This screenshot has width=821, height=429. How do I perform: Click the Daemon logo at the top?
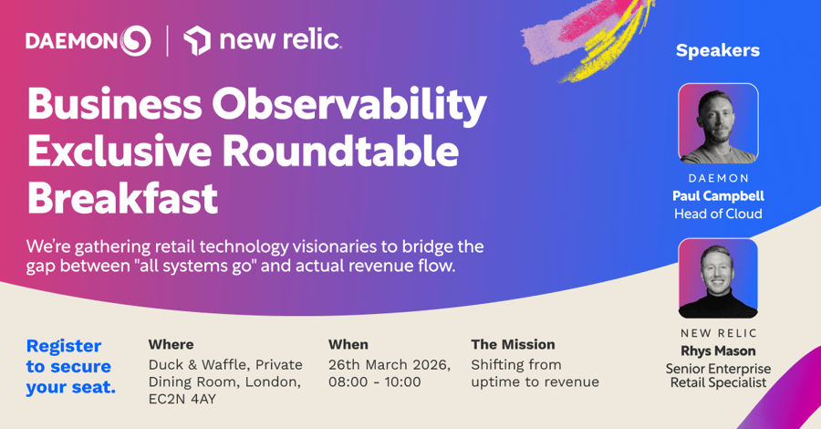(88, 40)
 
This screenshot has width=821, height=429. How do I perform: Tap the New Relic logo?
(263, 40)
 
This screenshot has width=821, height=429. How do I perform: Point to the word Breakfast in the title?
(122, 198)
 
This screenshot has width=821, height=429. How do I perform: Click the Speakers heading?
(717, 50)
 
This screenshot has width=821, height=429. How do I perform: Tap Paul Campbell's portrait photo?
(718, 123)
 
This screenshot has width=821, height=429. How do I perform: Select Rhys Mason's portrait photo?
(718, 278)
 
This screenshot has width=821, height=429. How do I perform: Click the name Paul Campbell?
(718, 196)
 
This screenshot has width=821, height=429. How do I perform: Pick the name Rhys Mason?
(718, 351)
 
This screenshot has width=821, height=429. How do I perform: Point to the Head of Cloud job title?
(718, 214)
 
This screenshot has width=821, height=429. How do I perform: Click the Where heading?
(171, 344)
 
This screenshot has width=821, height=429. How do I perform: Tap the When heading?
(348, 344)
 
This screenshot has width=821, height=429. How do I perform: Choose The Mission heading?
(513, 344)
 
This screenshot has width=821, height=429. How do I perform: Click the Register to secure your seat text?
(69, 366)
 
